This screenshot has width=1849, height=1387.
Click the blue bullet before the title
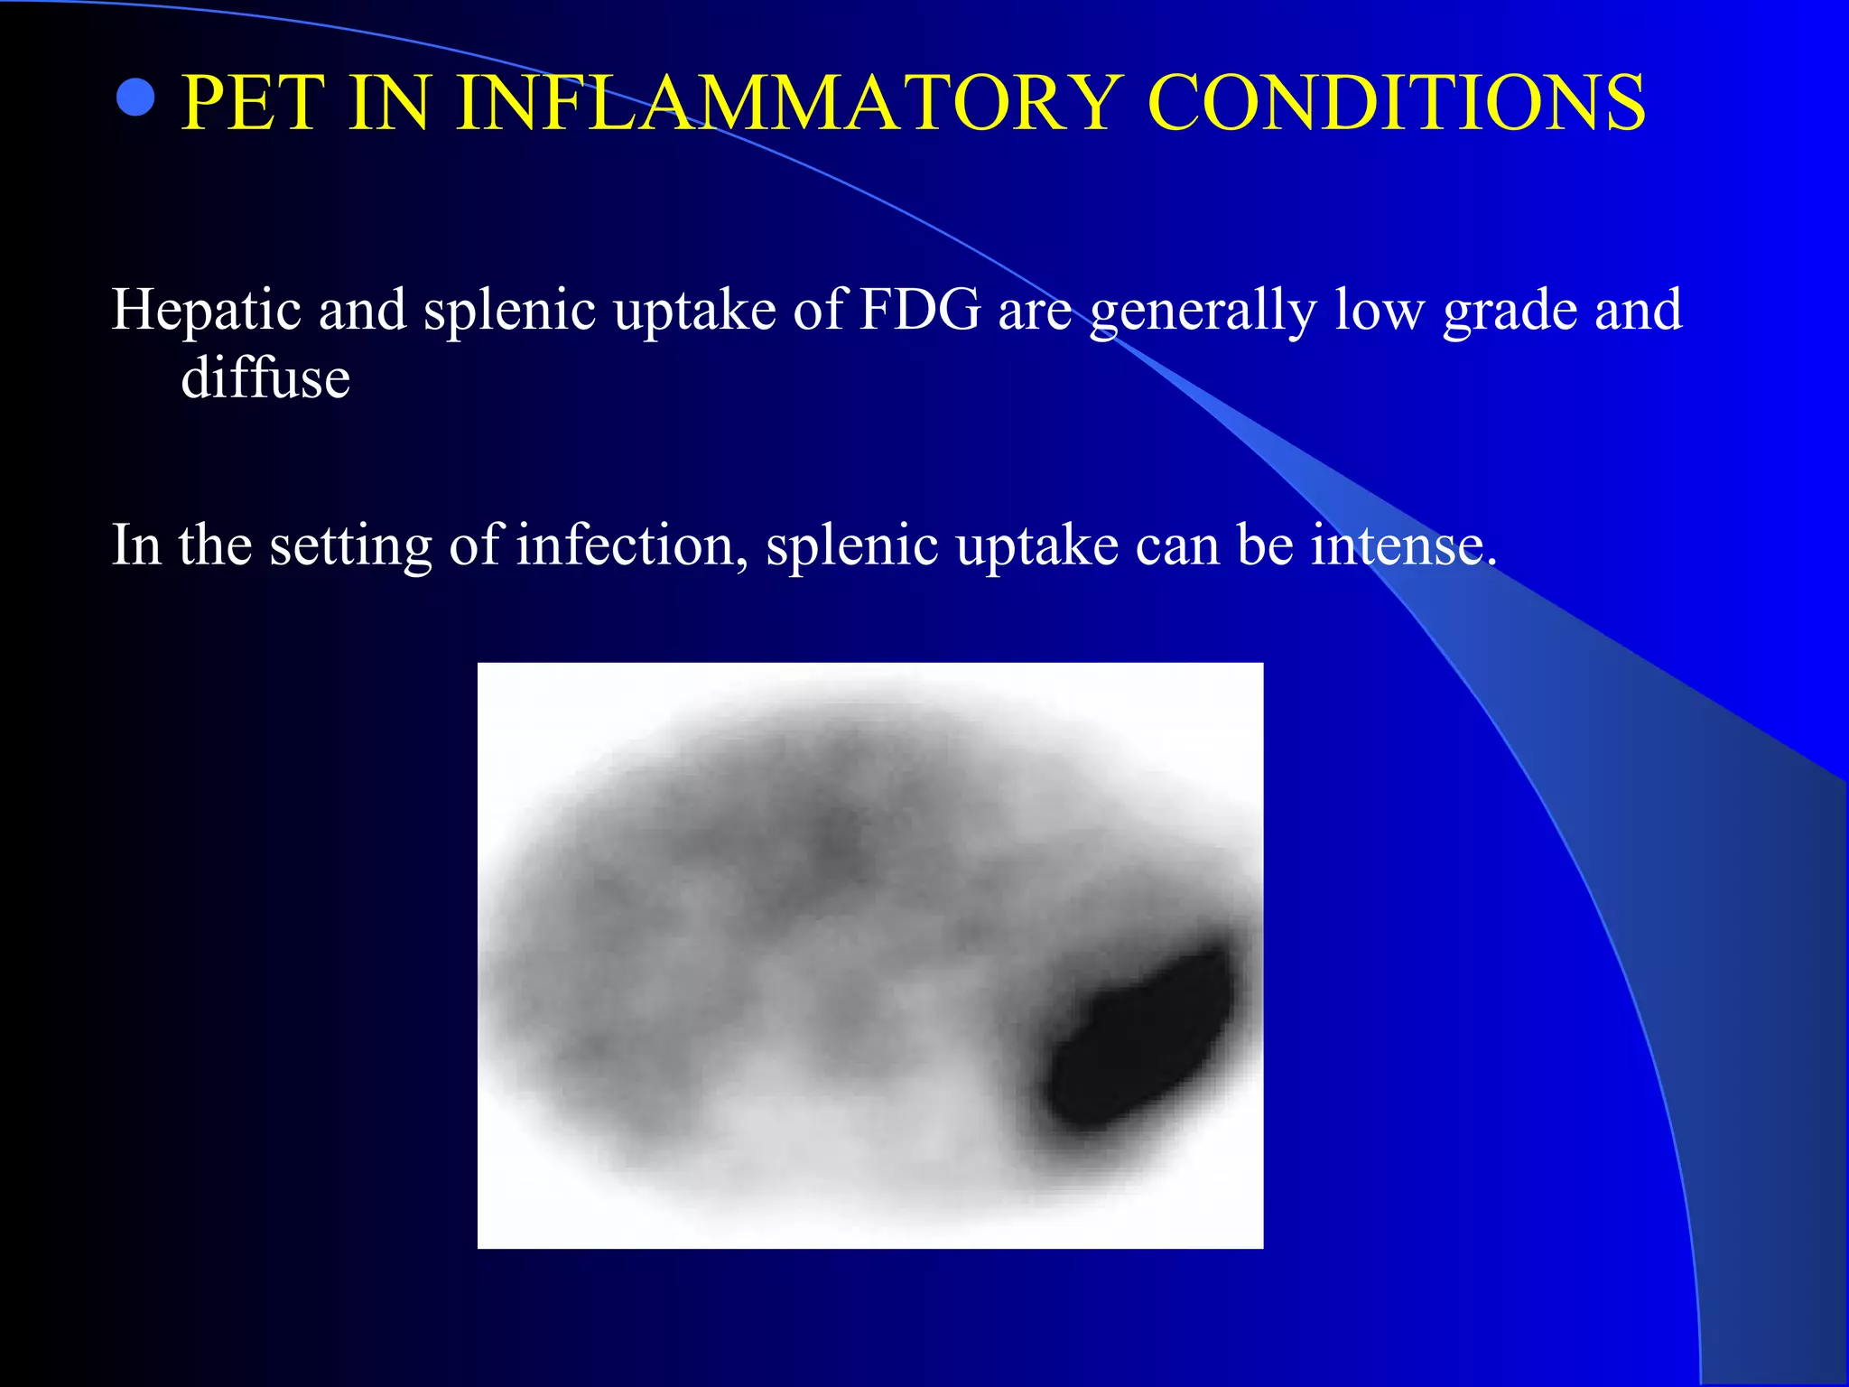point(135,98)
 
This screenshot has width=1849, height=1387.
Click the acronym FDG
point(919,310)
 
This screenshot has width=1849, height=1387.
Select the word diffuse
point(265,377)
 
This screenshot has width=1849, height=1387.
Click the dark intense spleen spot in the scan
point(1139,1038)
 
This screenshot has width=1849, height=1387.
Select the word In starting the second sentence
point(135,545)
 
